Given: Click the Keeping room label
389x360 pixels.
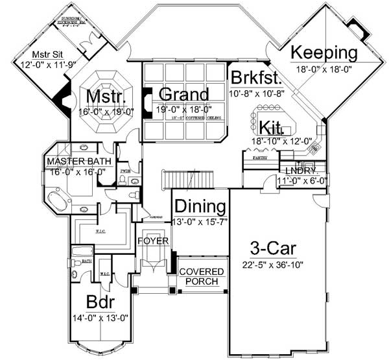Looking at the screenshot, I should tap(324, 52).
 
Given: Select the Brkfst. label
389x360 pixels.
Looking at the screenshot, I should tap(256, 78).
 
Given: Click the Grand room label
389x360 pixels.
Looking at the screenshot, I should tap(183, 93).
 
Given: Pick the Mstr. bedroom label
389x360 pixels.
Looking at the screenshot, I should tap(105, 97).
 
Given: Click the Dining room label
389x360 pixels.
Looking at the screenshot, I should tap(200, 207).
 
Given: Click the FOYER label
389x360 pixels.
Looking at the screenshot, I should tap(154, 241).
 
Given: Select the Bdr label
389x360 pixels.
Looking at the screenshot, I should tap(102, 304).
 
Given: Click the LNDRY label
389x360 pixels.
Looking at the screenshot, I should tap(300, 170).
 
